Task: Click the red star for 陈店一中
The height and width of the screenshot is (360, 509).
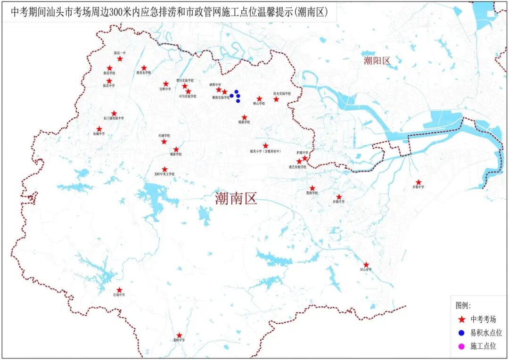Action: point(120,59)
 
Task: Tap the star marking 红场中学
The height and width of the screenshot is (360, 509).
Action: point(119,290)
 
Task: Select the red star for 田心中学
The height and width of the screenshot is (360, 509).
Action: point(366,265)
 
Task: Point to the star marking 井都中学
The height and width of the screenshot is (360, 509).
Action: point(419,182)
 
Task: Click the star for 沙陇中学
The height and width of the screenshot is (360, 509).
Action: point(339,197)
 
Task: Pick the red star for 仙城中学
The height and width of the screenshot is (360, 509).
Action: point(99,129)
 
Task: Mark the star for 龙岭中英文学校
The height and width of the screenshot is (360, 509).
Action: point(164,169)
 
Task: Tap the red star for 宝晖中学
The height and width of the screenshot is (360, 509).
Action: point(166,84)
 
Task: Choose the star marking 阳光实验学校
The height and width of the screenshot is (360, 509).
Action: point(276,99)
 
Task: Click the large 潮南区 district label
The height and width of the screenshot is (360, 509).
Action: point(236,199)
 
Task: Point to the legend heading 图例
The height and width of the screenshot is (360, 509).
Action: point(463,305)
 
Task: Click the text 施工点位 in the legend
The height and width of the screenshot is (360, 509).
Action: point(483,346)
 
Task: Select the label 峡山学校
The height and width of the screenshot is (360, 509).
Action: point(259,104)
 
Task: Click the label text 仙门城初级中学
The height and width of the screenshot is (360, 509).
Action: point(114,118)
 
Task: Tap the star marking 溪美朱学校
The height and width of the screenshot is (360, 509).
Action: point(144,68)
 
